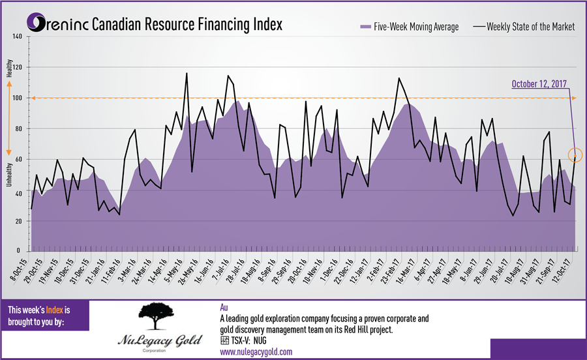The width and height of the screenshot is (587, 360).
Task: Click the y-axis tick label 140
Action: pyautogui.click(x=18, y=37)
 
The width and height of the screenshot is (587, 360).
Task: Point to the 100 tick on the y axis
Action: pyautogui.click(x=18, y=98)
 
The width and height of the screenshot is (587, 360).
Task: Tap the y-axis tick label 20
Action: pyautogui.click(x=19, y=221)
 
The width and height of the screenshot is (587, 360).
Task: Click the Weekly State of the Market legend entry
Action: pyautogui.click(x=525, y=27)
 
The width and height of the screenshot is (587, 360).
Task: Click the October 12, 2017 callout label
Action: pyautogui.click(x=539, y=84)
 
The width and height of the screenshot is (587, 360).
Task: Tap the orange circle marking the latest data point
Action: pyautogui.click(x=575, y=155)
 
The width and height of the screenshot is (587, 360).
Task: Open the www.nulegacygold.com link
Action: pyautogui.click(x=256, y=352)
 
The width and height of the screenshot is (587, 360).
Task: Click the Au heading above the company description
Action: pyautogui.click(x=225, y=307)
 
